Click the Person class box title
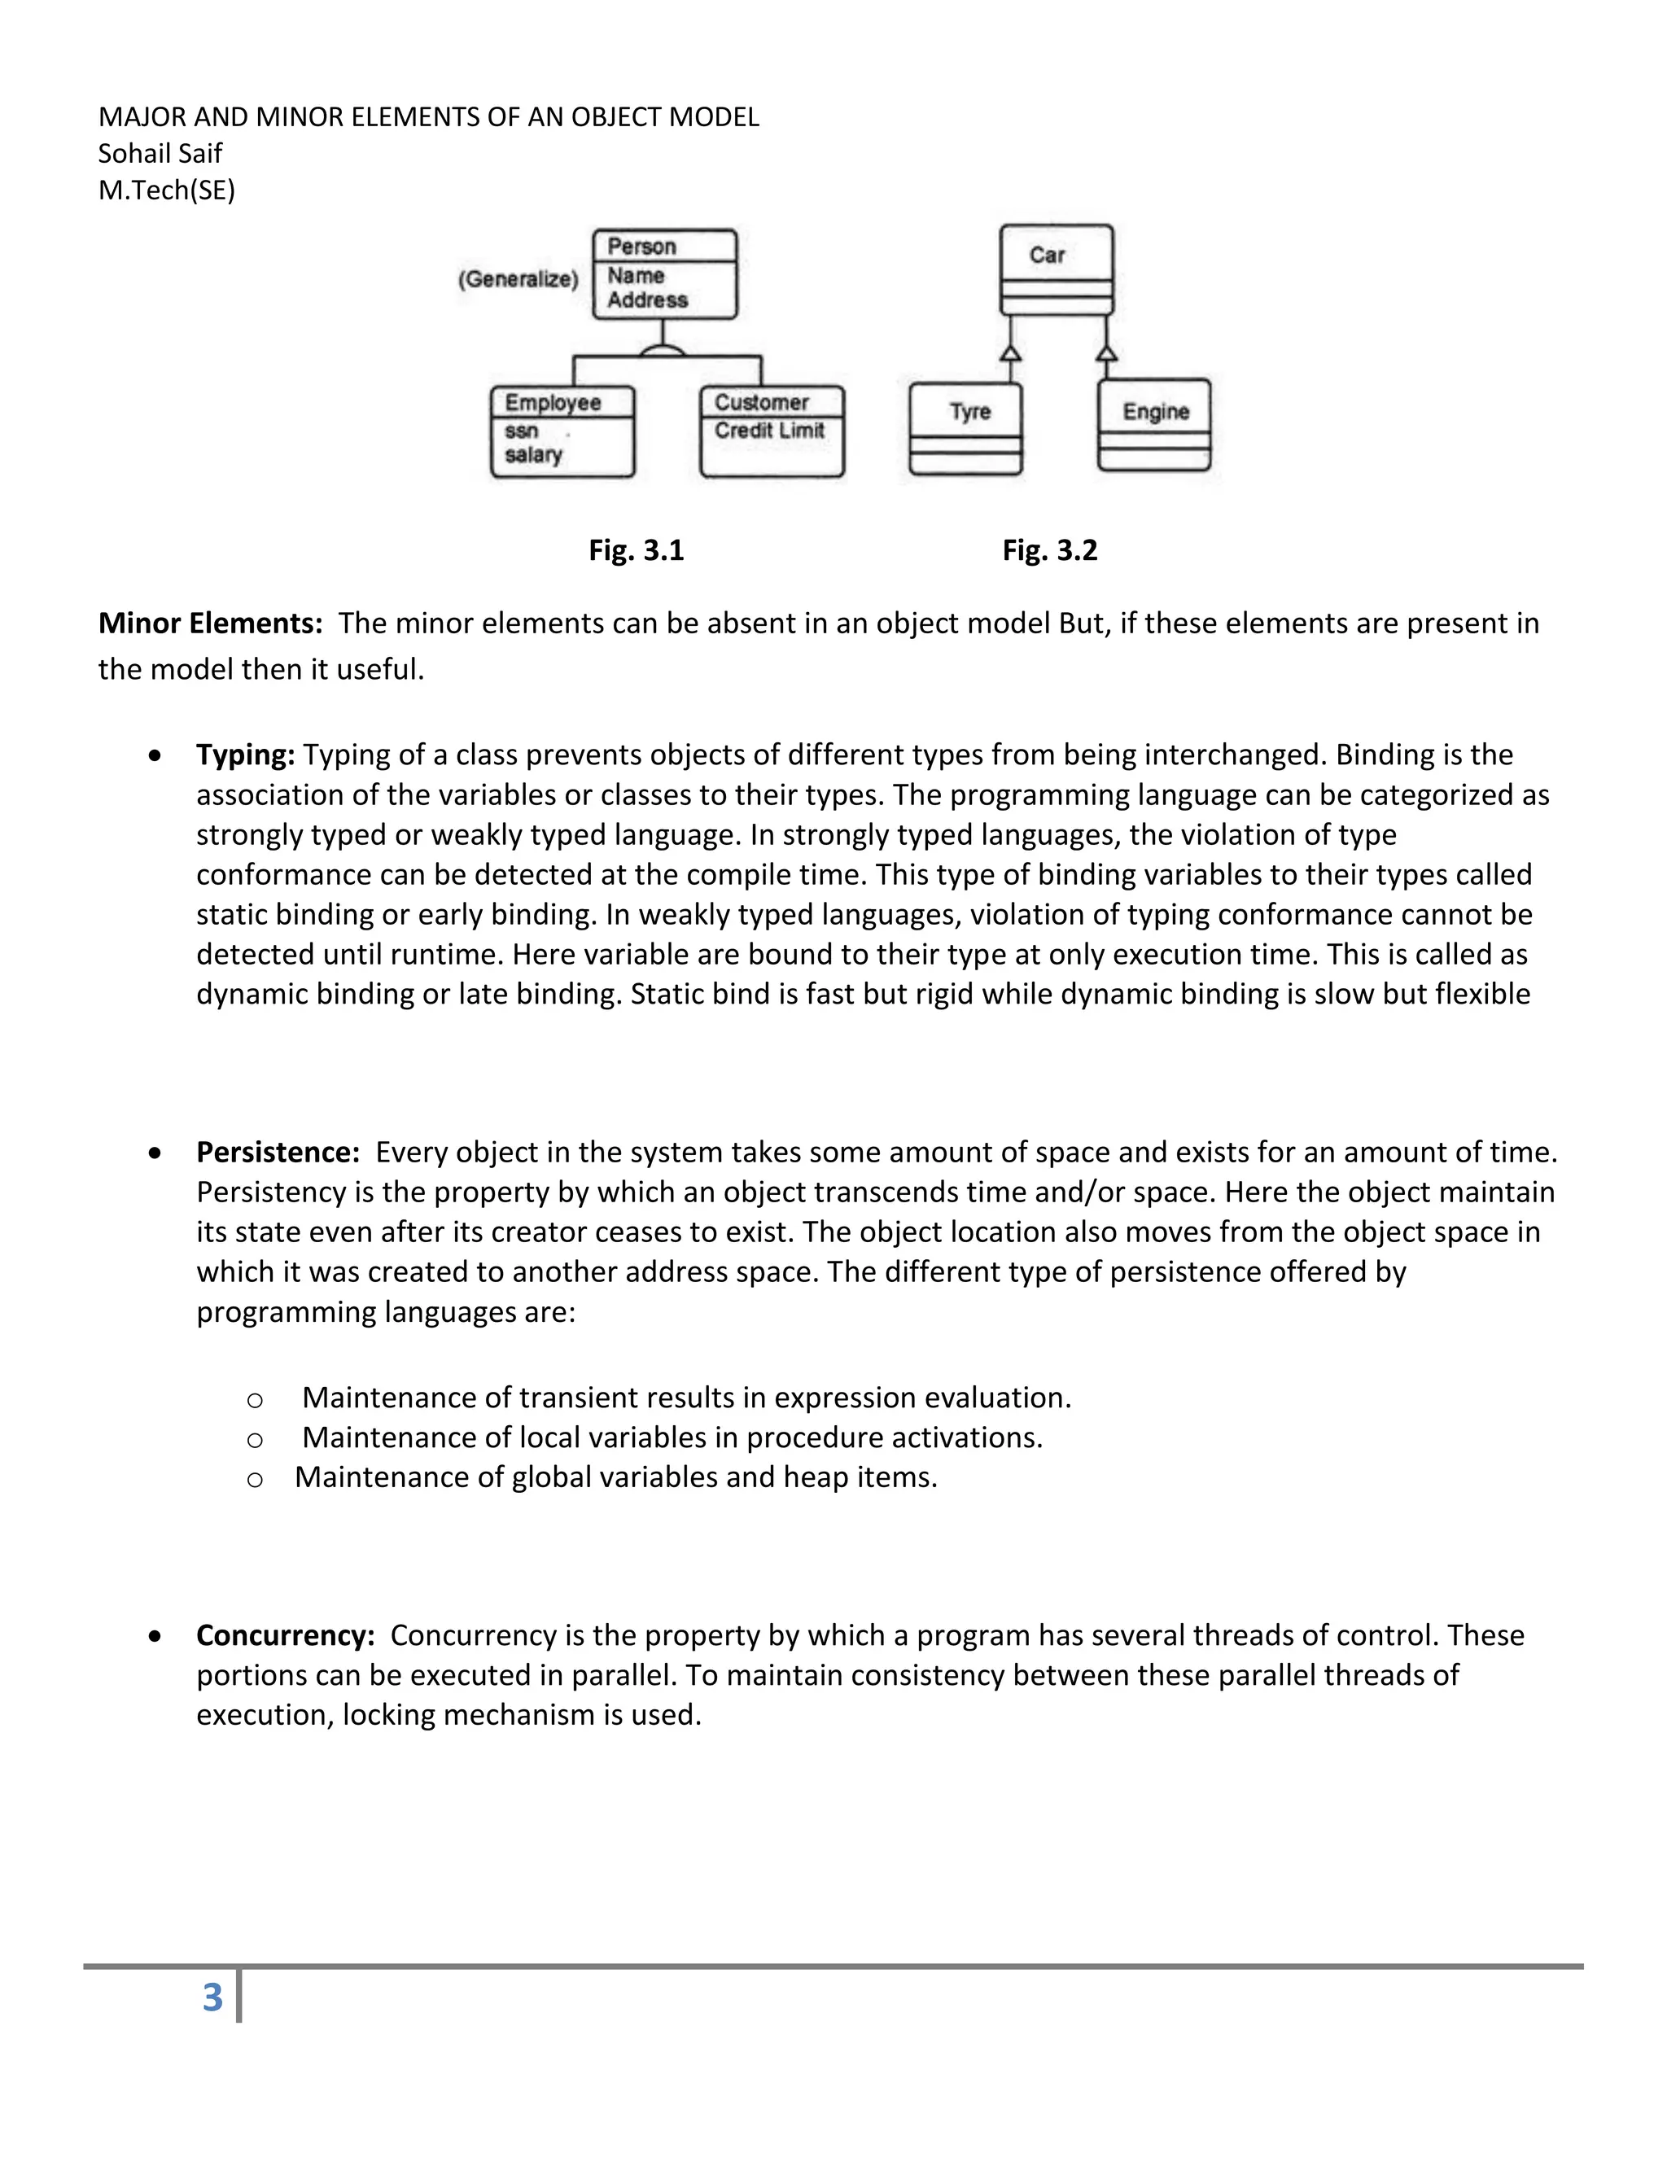[x=642, y=246]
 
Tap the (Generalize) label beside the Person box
[x=518, y=279]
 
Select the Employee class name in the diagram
[x=553, y=402]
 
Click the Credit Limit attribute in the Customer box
[x=769, y=431]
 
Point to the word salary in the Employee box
[x=533, y=455]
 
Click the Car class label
[x=1047, y=255]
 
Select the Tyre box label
[x=969, y=411]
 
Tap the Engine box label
[x=1156, y=411]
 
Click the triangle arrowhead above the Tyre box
[x=1010, y=352]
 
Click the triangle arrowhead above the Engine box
[x=1107, y=352]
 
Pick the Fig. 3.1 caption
[x=636, y=550]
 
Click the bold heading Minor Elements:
[x=210, y=623]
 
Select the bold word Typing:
[x=246, y=755]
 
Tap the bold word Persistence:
[x=278, y=1152]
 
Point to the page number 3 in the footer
[x=212, y=1998]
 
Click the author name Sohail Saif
[x=160, y=153]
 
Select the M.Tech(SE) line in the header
[x=167, y=190]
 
